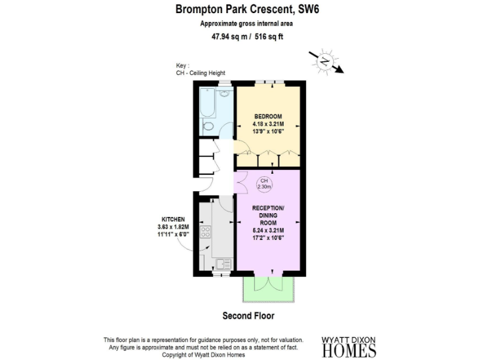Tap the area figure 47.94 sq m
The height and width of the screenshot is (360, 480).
click(x=229, y=36)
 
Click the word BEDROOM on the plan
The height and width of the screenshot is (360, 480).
click(x=267, y=117)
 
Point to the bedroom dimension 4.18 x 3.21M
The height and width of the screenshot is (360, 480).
click(x=267, y=124)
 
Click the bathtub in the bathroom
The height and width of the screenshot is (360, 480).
click(x=207, y=102)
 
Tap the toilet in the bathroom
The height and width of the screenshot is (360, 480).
click(x=208, y=126)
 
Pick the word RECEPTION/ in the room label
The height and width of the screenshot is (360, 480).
click(x=268, y=207)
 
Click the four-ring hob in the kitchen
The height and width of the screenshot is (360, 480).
click(x=204, y=233)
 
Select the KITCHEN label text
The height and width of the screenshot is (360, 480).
click(x=172, y=219)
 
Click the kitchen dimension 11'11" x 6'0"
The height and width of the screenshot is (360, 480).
click(x=172, y=234)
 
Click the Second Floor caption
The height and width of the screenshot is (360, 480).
click(x=248, y=316)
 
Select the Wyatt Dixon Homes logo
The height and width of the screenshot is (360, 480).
click(x=349, y=346)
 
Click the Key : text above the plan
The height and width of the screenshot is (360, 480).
click(x=182, y=65)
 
